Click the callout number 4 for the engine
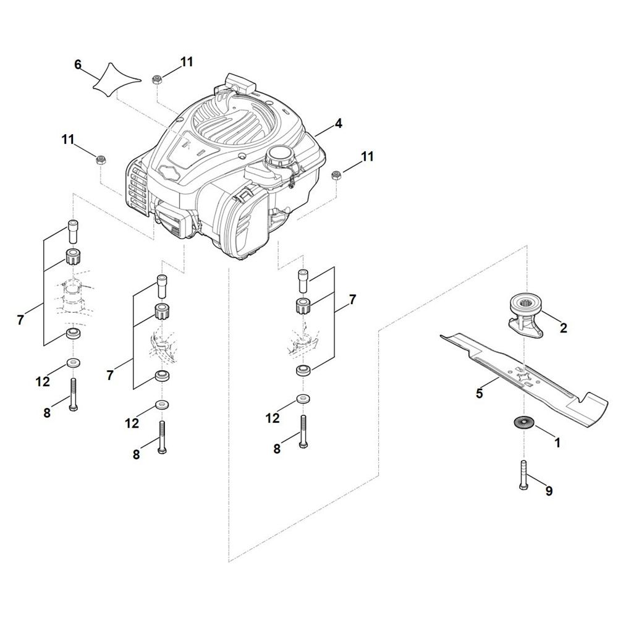[x=338, y=124]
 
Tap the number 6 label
[x=78, y=65]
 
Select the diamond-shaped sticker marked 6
[x=117, y=80]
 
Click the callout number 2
[x=563, y=328]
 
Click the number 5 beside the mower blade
[x=480, y=393]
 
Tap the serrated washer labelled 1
[x=523, y=423]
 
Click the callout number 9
[x=549, y=491]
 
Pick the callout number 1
[x=557, y=442]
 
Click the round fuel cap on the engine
[x=279, y=155]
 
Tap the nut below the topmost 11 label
[x=156, y=79]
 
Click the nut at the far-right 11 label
[x=336, y=175]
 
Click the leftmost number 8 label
[x=48, y=413]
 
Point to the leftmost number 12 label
[x=43, y=381]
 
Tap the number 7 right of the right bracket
[x=352, y=300]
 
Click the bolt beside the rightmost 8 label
[x=303, y=431]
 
